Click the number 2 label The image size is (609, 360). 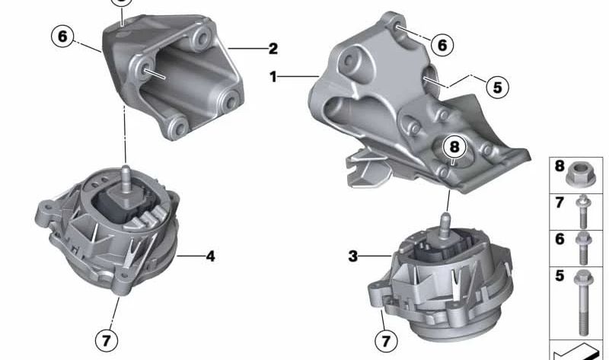click(x=273, y=49)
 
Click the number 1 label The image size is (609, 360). click(x=273, y=77)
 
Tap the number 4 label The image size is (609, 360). click(x=210, y=256)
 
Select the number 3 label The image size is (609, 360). click(x=352, y=256)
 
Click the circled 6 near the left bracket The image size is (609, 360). click(x=62, y=37)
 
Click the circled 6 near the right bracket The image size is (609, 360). click(x=442, y=45)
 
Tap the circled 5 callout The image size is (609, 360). click(x=498, y=87)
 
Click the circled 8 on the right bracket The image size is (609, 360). click(x=454, y=147)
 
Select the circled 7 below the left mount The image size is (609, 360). click(x=107, y=341)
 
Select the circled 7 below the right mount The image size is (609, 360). click(x=386, y=341)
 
